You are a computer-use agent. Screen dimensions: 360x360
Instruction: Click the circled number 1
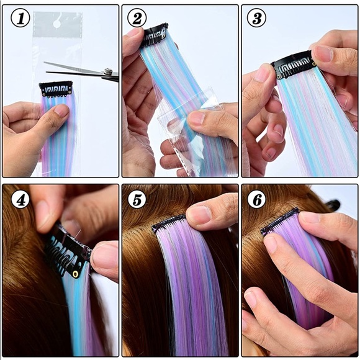coord(20,19)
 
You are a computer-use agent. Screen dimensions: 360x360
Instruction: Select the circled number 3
coord(256,19)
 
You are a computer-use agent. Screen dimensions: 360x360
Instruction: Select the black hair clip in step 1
coord(56,89)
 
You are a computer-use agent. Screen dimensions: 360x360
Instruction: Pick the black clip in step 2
coord(155,36)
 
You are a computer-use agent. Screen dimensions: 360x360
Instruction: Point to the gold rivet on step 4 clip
coord(75,273)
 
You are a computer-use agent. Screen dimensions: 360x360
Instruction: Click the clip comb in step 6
coord(279,222)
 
